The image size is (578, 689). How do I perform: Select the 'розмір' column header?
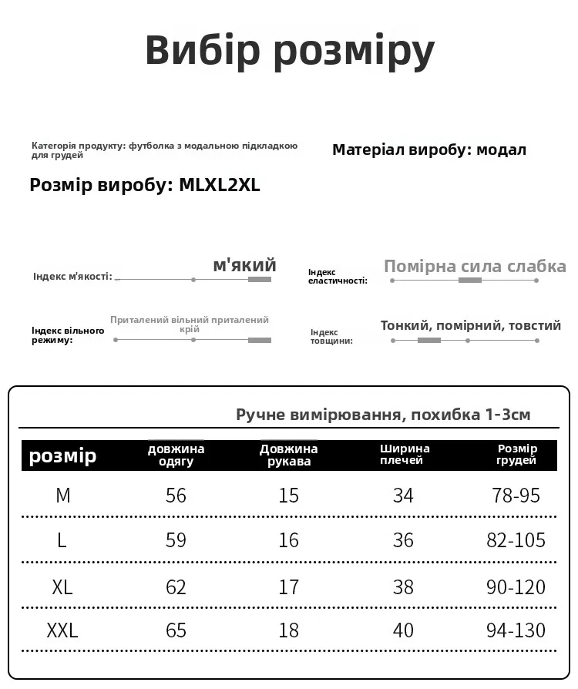coord(62,455)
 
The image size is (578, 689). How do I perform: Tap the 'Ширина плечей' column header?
coord(405,455)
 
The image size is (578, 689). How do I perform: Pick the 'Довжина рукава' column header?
coord(289,455)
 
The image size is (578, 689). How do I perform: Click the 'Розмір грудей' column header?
coord(517,455)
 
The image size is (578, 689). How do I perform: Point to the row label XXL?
coord(62,630)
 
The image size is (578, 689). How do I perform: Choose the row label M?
coord(63,496)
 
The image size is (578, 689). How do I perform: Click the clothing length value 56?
coord(176,496)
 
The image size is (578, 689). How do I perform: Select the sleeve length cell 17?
coord(289,586)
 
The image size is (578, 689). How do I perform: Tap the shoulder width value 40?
coord(404,630)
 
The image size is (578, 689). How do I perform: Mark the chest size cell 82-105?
coord(516,540)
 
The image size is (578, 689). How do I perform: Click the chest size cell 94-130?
coord(516,630)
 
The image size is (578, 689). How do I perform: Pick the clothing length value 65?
coord(176,630)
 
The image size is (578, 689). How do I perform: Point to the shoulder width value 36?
coord(404,540)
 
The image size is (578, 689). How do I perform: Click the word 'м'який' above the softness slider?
coord(244,266)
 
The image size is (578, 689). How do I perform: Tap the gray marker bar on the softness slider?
coord(260,279)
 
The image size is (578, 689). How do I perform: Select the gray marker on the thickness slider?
coord(429,340)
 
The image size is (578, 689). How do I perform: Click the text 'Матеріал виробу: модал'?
coord(429,150)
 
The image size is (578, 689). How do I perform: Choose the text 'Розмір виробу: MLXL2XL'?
coord(145,186)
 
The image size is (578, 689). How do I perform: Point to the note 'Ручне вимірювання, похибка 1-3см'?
coord(383,415)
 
